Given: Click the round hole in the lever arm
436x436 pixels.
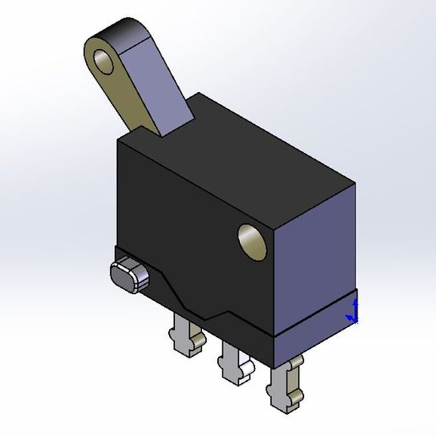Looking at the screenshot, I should (106, 61).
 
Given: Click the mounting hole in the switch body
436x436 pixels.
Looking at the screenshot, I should (252, 241).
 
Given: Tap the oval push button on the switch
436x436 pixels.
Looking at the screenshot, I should (128, 275).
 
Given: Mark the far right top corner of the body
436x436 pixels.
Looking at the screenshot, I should (355, 180).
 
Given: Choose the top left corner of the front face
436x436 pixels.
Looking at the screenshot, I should (117, 142).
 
